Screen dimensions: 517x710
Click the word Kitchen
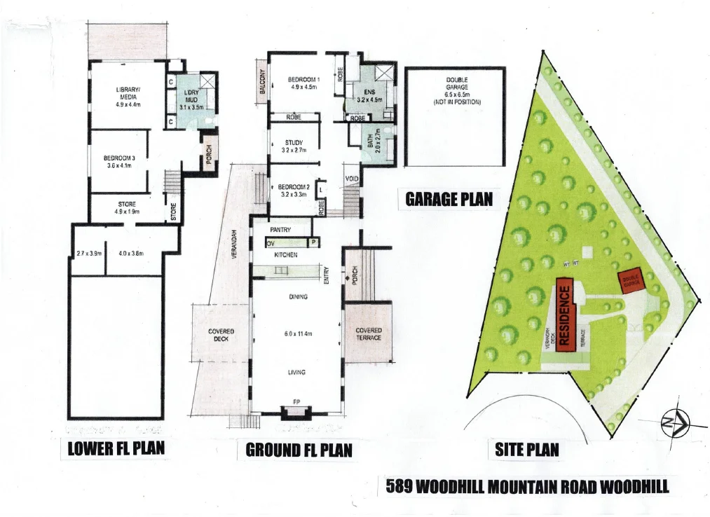(x=286, y=256)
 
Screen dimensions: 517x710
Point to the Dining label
(x=299, y=297)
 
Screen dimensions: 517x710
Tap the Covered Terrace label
(x=369, y=334)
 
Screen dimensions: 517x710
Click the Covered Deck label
(x=221, y=335)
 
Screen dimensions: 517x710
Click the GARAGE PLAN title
(x=449, y=200)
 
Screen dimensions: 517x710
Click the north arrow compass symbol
(x=676, y=422)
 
